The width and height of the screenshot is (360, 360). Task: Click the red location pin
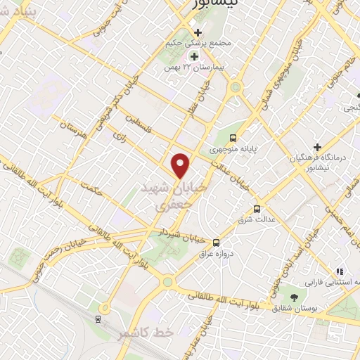click(x=181, y=165)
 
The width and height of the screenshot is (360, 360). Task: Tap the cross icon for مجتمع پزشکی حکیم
click(x=198, y=32)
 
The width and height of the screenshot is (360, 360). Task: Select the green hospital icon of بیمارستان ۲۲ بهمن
click(x=193, y=56)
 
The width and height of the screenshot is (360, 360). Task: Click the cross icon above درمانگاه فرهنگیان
click(x=318, y=147)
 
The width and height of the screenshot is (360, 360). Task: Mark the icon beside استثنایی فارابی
click(x=340, y=271)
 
